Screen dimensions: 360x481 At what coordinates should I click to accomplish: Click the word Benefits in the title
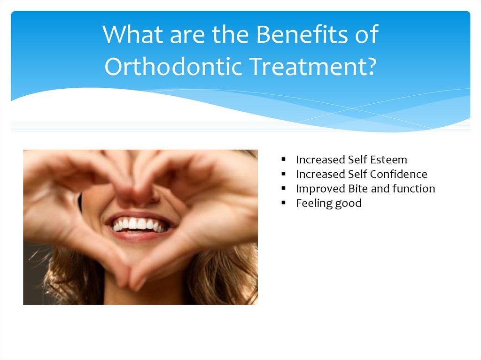coord(291,35)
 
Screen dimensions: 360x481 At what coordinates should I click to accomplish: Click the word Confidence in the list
coord(398,174)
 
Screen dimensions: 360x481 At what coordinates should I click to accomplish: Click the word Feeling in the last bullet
coord(312,203)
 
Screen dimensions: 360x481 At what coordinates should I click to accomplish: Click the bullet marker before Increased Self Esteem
coord(284,159)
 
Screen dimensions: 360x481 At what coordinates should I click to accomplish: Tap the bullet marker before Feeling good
coord(284,203)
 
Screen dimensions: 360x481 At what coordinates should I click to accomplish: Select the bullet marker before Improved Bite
coord(284,188)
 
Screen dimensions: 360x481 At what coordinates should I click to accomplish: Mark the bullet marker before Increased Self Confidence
coord(284,174)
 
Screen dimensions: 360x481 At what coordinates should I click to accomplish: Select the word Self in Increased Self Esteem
coord(357,160)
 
